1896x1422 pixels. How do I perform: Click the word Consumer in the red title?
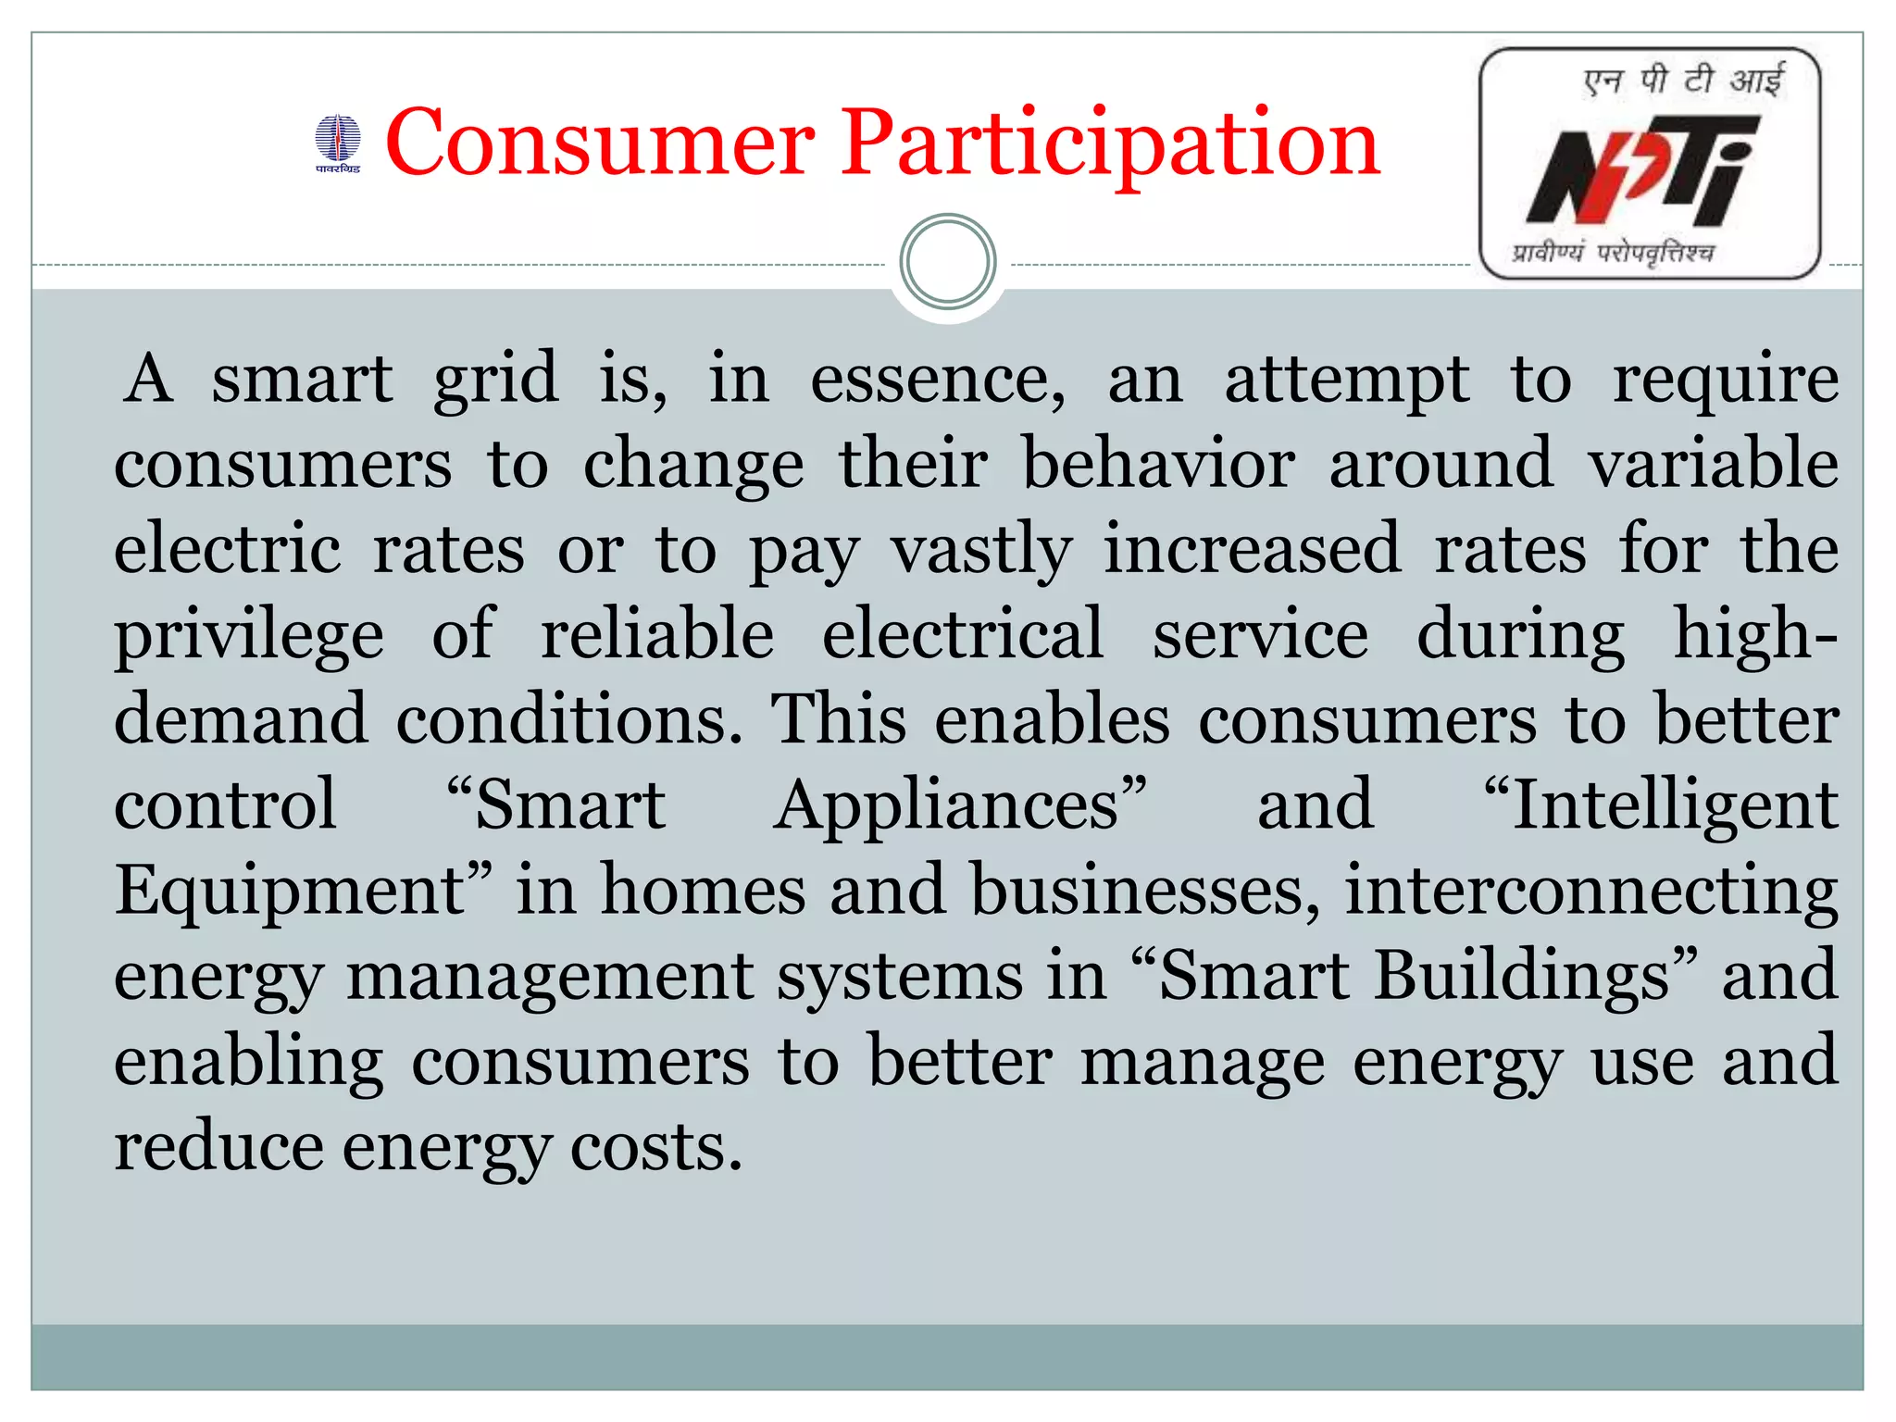[x=600, y=143]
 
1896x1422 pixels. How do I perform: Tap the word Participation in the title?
[x=1111, y=143]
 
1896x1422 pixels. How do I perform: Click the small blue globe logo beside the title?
[x=338, y=143]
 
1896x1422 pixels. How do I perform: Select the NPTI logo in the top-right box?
[x=1649, y=165]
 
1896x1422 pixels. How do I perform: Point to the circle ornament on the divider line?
[x=947, y=262]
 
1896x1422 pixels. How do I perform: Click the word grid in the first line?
[x=496, y=380]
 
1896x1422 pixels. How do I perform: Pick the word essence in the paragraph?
[x=937, y=380]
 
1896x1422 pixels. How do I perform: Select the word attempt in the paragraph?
[x=1346, y=380]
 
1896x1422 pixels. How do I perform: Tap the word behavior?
[x=1158, y=464]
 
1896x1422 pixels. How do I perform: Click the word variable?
[x=1713, y=464]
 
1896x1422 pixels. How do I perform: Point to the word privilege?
[x=249, y=636]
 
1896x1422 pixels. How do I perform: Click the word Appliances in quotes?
[x=959, y=805]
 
